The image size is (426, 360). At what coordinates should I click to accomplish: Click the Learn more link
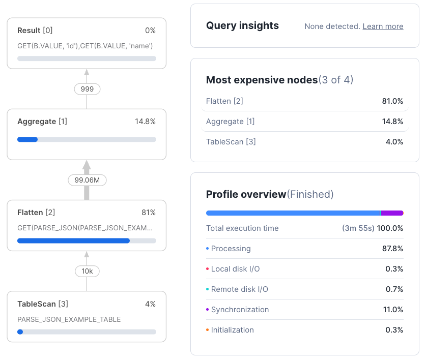(383, 26)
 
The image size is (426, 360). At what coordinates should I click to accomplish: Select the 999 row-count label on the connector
(87, 89)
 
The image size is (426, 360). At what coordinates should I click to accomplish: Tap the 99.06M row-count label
(87, 180)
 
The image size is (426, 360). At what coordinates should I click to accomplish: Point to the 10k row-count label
(87, 271)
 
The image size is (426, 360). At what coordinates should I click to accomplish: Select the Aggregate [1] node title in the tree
(42, 122)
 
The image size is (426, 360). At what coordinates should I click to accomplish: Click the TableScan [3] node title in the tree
(43, 304)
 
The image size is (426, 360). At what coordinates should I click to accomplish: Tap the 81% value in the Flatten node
(149, 213)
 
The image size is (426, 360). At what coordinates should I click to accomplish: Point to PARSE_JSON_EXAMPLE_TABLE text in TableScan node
(69, 320)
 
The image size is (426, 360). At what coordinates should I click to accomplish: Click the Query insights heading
(242, 26)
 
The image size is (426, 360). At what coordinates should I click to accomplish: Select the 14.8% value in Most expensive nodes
(392, 122)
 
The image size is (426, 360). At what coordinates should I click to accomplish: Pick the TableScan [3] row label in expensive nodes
(231, 142)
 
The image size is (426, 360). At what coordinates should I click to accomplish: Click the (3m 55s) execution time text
(358, 228)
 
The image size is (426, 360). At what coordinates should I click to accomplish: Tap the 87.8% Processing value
(392, 249)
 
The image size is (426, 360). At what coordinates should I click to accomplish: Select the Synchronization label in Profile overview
(240, 310)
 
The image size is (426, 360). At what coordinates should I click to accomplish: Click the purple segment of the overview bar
(392, 213)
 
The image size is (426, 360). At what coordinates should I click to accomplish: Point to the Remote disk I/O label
(239, 289)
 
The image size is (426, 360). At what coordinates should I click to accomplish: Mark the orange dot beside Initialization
(208, 330)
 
